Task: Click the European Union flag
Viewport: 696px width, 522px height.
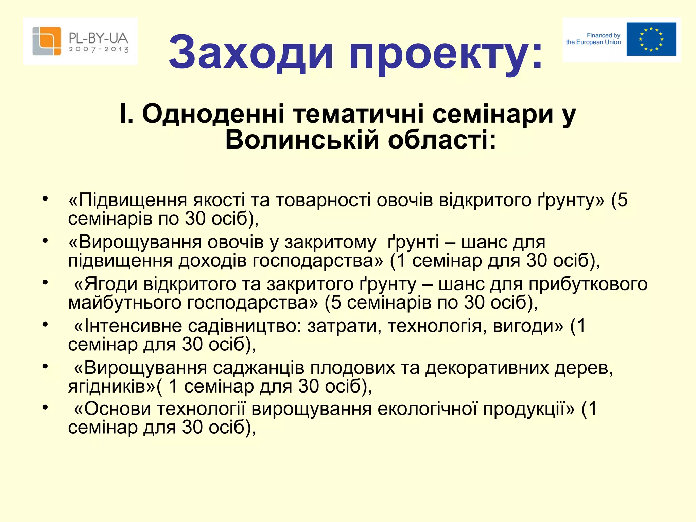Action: (651, 39)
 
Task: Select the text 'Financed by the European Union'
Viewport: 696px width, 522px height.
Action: (593, 39)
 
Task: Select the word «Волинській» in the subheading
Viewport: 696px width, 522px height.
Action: (302, 140)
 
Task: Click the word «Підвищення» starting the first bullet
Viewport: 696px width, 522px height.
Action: (133, 200)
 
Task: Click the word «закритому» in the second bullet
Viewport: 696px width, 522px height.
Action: (330, 242)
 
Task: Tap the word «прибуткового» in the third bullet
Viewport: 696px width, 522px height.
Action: (588, 284)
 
